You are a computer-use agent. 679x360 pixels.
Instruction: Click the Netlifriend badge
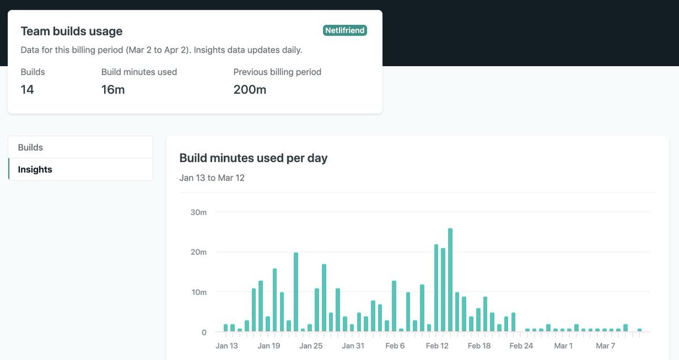(345, 31)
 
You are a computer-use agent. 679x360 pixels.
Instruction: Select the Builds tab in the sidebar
(31, 147)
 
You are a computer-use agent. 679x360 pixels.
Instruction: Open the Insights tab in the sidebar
(35, 169)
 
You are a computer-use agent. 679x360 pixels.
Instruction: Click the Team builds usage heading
(71, 31)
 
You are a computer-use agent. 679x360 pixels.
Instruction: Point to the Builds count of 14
(27, 89)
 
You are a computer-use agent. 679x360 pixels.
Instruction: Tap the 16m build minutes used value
(113, 89)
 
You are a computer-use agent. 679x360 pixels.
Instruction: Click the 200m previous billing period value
(250, 89)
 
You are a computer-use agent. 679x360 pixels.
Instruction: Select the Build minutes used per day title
(253, 158)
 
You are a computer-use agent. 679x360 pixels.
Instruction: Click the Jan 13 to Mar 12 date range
(212, 178)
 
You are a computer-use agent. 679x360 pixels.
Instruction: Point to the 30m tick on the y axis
(199, 212)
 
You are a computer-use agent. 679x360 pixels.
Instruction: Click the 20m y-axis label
(199, 252)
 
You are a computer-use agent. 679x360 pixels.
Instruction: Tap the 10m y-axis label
(199, 292)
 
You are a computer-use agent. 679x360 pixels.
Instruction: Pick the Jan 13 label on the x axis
(227, 346)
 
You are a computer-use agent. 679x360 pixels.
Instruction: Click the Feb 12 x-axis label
(437, 346)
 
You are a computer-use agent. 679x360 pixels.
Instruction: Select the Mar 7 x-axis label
(605, 346)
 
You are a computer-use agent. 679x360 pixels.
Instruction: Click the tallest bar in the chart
(450, 280)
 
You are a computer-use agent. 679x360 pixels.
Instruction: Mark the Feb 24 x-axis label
(521, 346)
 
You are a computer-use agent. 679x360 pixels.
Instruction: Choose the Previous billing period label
(277, 72)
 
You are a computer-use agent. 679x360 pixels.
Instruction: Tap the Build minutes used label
(139, 72)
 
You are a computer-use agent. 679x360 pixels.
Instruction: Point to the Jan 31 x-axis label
(353, 346)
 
